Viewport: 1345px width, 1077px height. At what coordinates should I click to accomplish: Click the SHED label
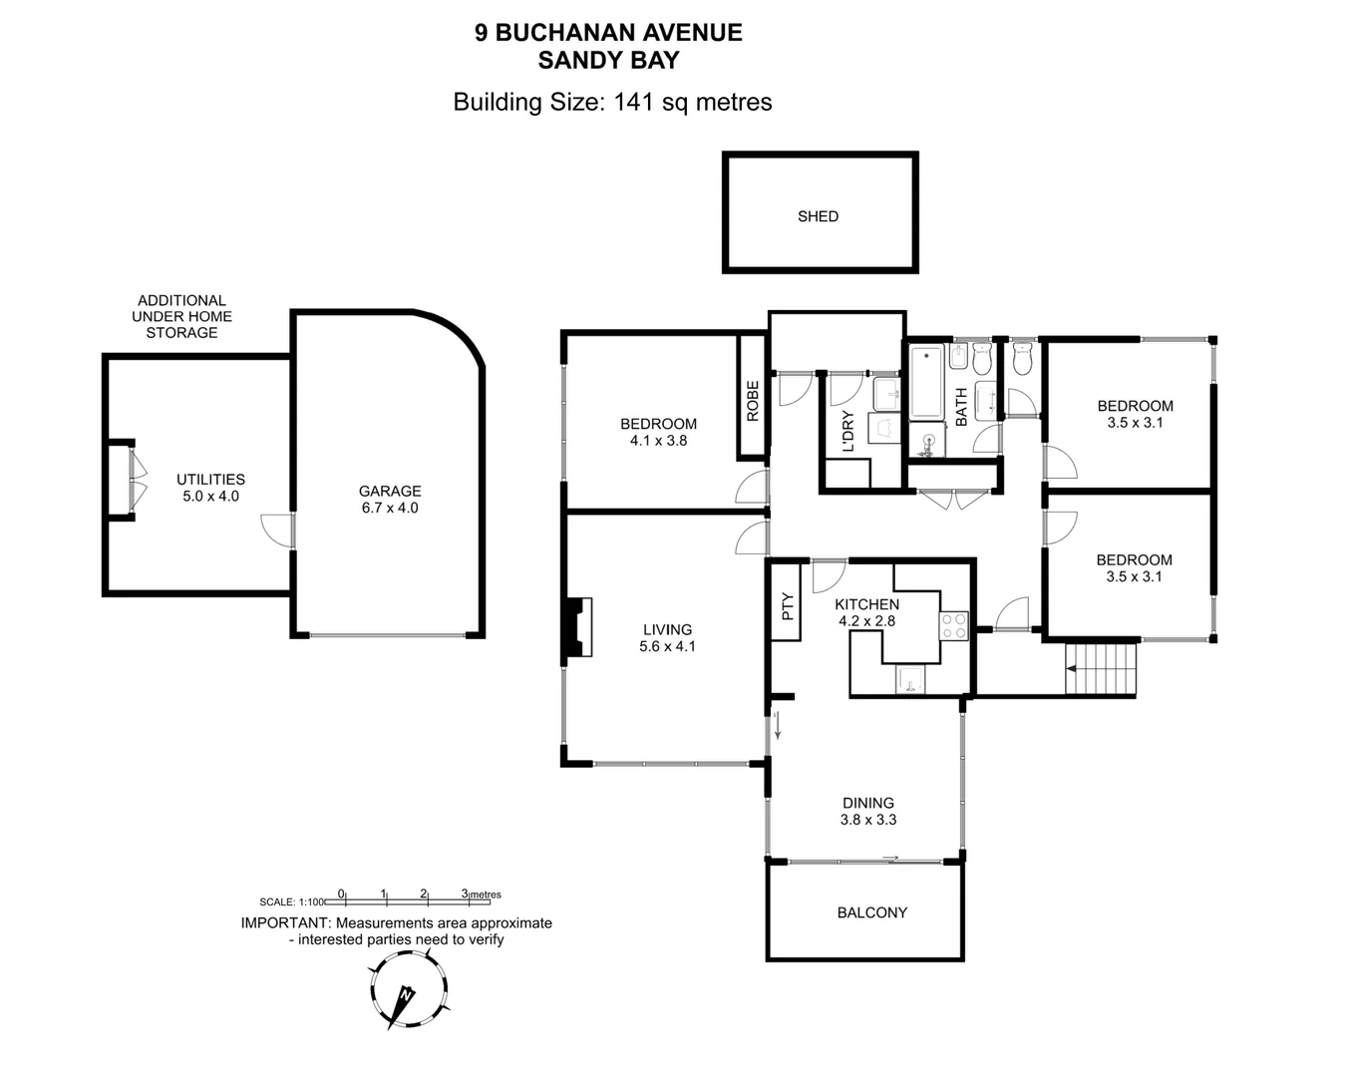point(818,216)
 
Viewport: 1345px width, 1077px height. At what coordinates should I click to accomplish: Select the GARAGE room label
point(390,492)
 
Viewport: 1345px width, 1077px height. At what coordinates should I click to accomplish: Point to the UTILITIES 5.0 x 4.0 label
point(210,488)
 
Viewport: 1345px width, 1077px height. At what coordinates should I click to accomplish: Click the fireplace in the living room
point(577,627)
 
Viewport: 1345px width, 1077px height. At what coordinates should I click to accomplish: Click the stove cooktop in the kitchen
point(953,626)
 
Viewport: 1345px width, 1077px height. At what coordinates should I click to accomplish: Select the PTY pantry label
point(787,606)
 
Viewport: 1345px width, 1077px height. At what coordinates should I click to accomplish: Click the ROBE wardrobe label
point(753,400)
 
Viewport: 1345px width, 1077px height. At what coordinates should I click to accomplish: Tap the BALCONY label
point(871,912)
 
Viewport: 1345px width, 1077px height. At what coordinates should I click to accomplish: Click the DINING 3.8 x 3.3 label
point(867,812)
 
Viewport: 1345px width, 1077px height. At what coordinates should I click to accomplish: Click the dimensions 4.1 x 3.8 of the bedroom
point(658,441)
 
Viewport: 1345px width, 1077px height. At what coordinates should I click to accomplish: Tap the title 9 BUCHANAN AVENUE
point(608,33)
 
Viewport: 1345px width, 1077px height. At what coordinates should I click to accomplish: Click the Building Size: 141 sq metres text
point(612,102)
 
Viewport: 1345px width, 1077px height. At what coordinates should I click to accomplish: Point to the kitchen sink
point(910,680)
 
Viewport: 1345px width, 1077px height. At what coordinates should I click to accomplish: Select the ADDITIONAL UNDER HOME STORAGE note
point(181,316)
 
